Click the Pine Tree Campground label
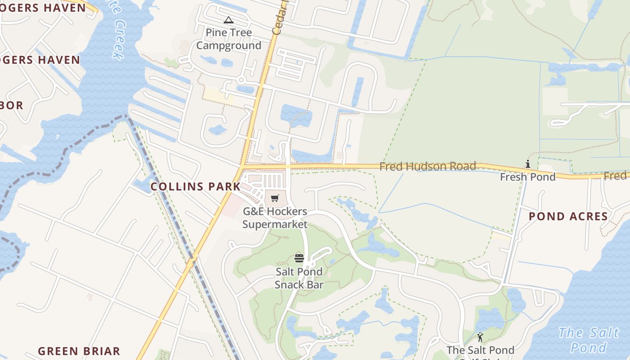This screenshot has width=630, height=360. [x=229, y=39]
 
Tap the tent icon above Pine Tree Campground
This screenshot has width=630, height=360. [x=229, y=20]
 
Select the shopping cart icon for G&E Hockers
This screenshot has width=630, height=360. [x=275, y=198]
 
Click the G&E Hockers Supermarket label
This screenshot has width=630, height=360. [x=275, y=218]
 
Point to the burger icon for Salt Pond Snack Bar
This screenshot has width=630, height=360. [x=299, y=258]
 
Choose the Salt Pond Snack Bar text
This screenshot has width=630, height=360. [x=299, y=278]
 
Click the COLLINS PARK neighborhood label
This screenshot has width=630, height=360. [x=195, y=186]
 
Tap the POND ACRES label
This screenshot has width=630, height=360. [x=568, y=216]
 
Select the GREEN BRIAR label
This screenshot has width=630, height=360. [x=79, y=351]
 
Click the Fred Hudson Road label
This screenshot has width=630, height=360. [x=427, y=166]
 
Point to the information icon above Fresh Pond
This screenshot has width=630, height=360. [x=528, y=164]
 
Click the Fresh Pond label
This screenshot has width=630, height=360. [x=528, y=177]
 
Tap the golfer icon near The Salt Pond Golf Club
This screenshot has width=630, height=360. [x=480, y=337]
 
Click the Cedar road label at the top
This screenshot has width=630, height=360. [x=279, y=18]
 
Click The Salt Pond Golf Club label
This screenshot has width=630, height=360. [x=480, y=351]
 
